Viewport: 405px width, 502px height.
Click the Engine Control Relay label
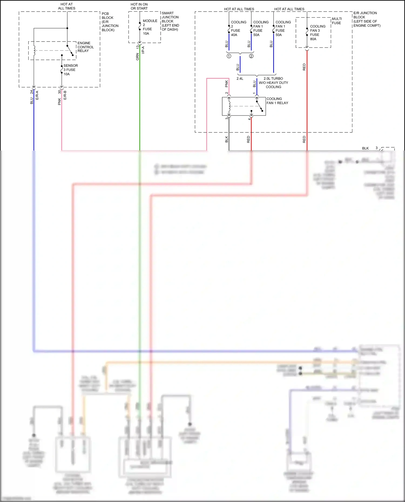coord(85,47)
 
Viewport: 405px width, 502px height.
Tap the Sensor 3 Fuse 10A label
coord(70,70)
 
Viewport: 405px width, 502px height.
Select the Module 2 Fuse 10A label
coord(150,27)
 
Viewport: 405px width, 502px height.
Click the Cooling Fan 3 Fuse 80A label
coord(318,33)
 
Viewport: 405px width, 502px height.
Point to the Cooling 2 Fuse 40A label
coord(238,28)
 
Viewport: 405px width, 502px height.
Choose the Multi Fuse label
coord(337,21)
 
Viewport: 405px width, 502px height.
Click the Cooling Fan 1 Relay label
coord(277,101)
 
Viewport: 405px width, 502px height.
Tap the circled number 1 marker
coord(229,56)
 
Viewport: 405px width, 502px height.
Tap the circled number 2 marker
coord(251,56)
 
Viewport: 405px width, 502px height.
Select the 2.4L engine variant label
coord(240,79)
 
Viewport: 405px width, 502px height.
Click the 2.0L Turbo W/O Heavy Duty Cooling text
coord(273,83)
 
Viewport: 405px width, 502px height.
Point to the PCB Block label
coord(110,22)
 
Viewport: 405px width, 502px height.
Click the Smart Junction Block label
coord(170,21)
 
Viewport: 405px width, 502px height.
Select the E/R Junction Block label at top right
coord(366,19)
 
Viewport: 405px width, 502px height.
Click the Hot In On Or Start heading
coord(139,6)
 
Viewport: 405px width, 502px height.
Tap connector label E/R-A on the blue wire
coord(37,95)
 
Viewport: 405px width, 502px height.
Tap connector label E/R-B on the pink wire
coord(65,95)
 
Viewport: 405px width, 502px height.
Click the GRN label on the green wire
coord(137,57)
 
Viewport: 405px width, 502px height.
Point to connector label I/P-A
coord(143,50)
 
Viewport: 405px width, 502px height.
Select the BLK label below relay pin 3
coord(227,139)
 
